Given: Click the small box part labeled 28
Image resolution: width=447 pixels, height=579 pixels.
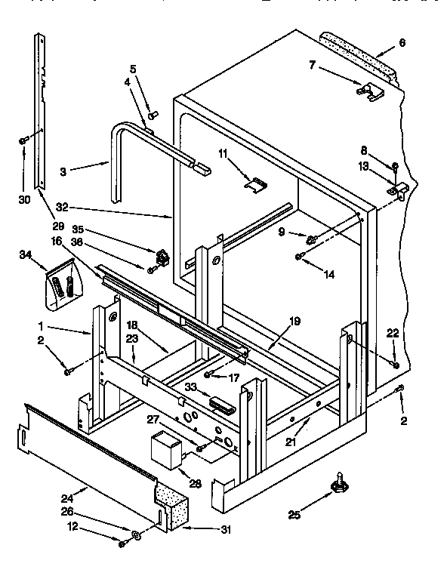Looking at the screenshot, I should click(x=166, y=451).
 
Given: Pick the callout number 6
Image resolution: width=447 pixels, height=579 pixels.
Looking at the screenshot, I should click(x=402, y=43).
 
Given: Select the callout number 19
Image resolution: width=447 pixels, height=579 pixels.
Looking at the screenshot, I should click(x=295, y=321).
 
